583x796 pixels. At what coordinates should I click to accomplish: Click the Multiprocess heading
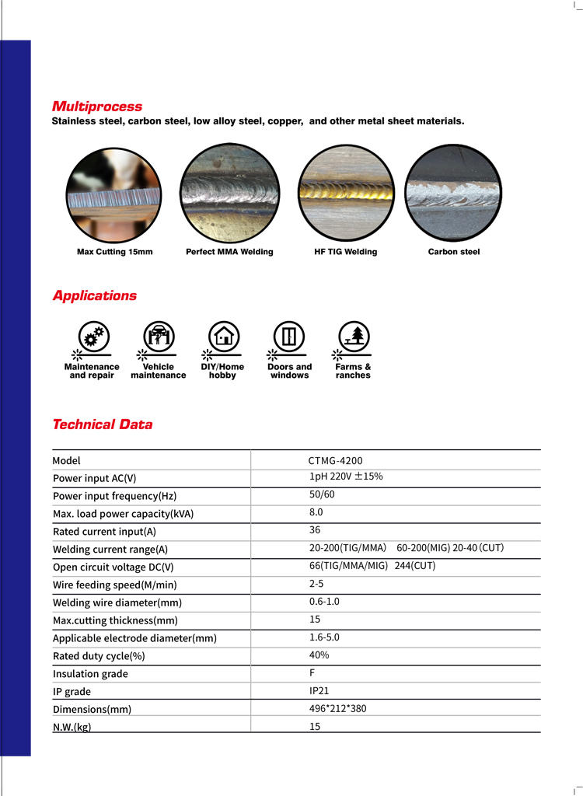[x=97, y=106]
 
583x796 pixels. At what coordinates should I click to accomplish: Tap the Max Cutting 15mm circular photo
[x=113, y=193]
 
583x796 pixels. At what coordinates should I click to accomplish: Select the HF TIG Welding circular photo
[x=347, y=193]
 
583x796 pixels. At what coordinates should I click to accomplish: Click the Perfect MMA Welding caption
[x=229, y=252]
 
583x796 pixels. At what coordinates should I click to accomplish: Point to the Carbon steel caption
[x=454, y=252]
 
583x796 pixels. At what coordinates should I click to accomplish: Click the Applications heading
[x=94, y=295]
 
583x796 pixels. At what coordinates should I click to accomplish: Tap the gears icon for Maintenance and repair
[x=94, y=337]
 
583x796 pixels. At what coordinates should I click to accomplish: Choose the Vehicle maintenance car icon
[x=159, y=337]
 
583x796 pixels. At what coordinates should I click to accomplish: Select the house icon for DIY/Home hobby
[x=224, y=337]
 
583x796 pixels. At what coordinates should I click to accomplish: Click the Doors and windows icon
[x=289, y=337]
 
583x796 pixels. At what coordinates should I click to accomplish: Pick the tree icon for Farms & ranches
[x=354, y=337]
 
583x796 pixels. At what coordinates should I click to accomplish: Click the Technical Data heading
[x=102, y=424]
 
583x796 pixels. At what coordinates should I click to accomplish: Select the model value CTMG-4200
[x=335, y=460]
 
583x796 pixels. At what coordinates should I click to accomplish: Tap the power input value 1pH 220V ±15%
[x=346, y=477]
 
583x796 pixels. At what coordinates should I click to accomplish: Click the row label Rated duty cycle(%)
[x=99, y=656]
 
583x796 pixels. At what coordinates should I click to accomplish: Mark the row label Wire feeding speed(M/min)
[x=114, y=585]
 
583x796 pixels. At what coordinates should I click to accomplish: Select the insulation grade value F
[x=312, y=672]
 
